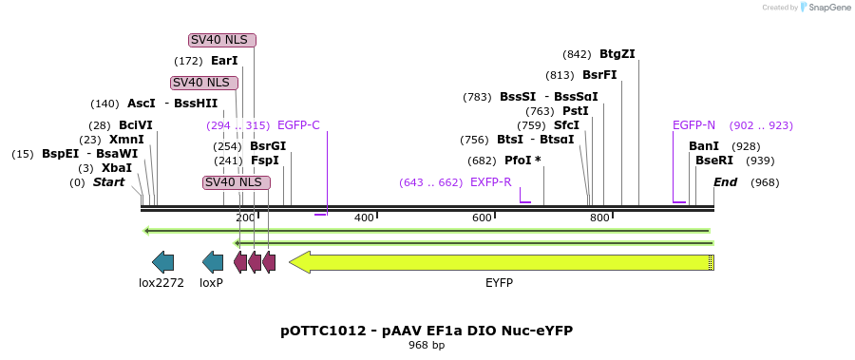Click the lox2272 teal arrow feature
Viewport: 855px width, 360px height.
(162, 262)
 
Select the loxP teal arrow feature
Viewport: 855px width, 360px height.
(213, 262)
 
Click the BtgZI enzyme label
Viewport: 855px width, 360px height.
(617, 54)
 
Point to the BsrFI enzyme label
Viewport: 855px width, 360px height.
(599, 75)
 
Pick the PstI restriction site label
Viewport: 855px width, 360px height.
(576, 111)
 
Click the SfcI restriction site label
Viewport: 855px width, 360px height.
(566, 125)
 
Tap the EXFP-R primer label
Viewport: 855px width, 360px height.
(491, 182)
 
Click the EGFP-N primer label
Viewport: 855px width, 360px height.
(693, 125)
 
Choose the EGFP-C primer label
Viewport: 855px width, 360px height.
(298, 125)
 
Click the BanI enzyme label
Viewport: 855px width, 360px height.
(704, 146)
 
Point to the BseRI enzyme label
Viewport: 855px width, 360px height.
(714, 161)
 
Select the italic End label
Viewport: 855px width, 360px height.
(725, 182)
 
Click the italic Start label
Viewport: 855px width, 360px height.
(108, 182)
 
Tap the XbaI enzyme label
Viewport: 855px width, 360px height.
(117, 168)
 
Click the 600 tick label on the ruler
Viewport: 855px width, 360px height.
(483, 218)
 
